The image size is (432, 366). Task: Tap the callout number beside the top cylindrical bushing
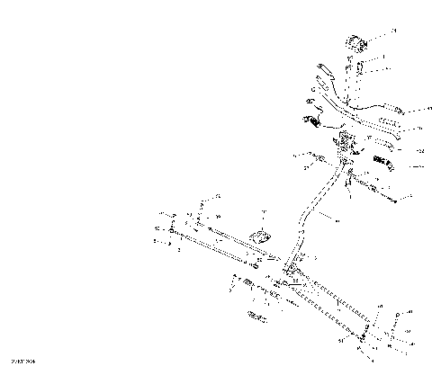(392, 31)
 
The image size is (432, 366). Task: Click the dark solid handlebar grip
(385, 165)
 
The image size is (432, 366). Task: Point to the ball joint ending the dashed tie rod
(363, 340)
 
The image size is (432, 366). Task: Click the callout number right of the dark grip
(419, 166)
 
